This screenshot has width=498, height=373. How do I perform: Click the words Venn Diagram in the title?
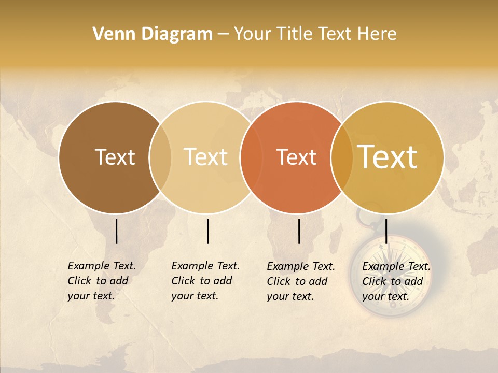pos(153,34)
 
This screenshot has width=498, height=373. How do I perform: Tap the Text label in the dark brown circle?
pos(115,157)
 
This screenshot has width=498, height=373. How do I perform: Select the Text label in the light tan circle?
pos(206,157)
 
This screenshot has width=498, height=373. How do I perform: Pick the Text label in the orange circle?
pos(297,157)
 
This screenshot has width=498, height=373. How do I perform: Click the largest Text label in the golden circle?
pos(388,157)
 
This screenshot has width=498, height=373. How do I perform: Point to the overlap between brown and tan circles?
pos(160,157)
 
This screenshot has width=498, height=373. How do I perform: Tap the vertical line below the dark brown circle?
pos(116,231)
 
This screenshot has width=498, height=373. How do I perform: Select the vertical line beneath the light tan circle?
pos(208,231)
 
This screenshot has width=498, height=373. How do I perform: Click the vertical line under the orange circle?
pos(299,231)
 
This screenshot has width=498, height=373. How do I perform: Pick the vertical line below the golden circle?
pos(386,231)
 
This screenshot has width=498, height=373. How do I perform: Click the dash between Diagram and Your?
pos(223,35)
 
